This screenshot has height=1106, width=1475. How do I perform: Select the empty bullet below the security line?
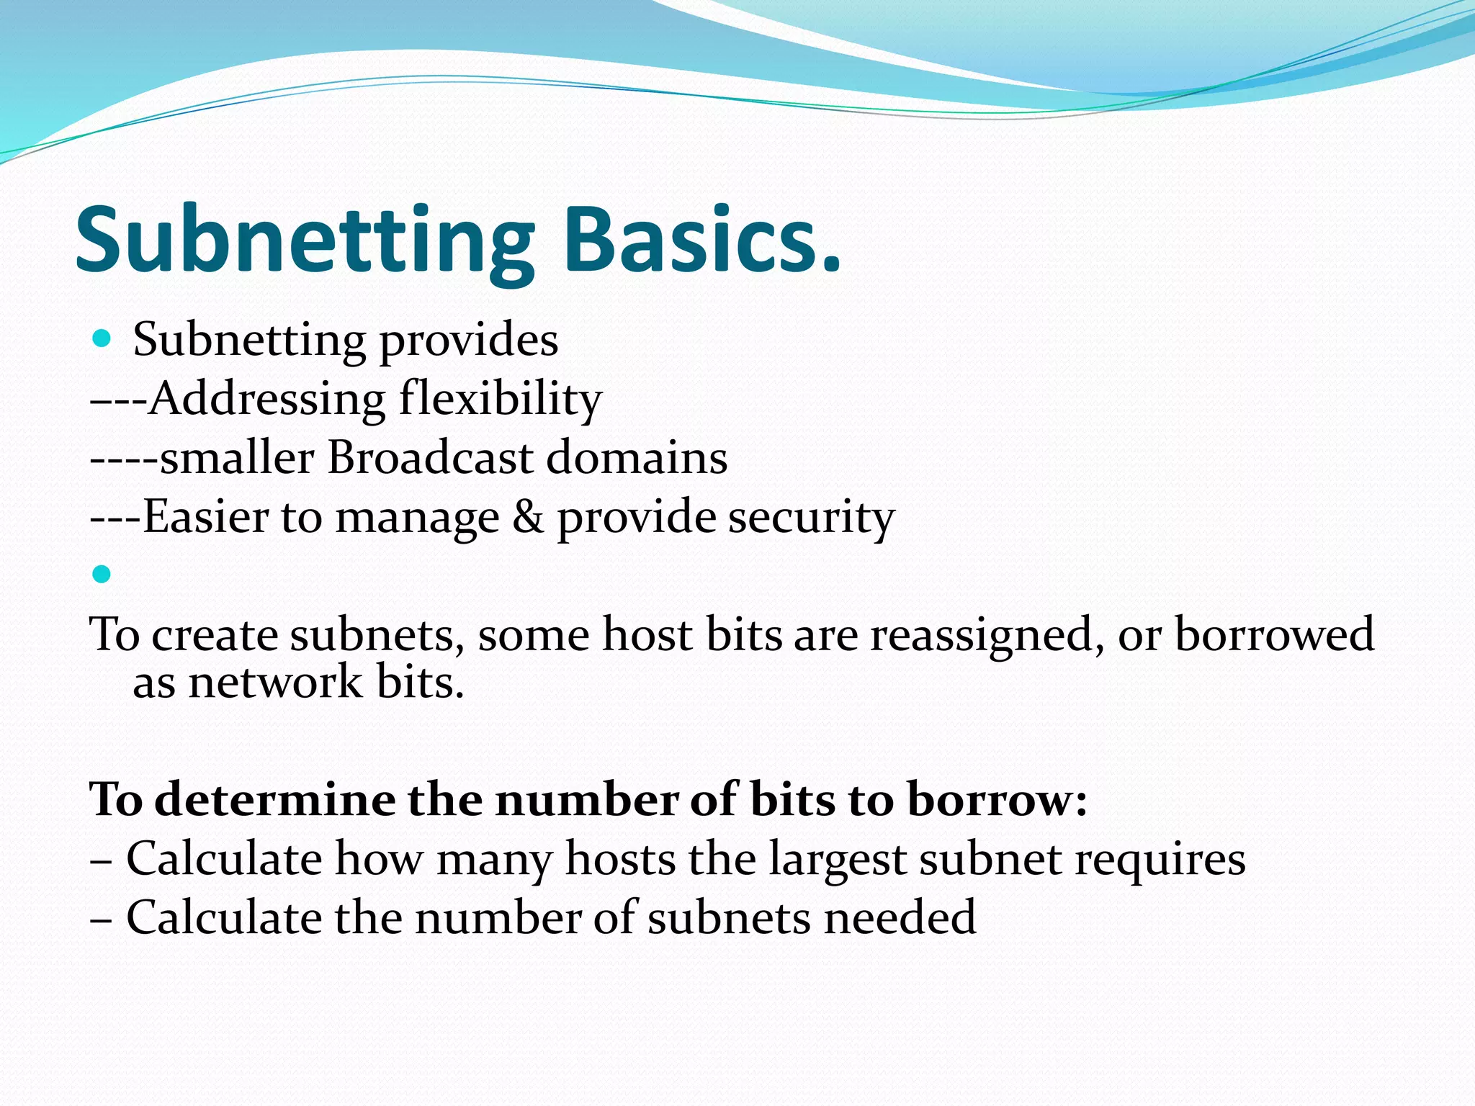[x=102, y=574]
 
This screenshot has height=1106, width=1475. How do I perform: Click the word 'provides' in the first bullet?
[x=468, y=341]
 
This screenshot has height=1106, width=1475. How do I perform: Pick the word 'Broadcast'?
[x=430, y=457]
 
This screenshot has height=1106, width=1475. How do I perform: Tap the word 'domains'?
[x=637, y=457]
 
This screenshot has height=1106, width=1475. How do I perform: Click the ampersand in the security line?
[x=528, y=516]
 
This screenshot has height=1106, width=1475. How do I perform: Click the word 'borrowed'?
[x=1274, y=634]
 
